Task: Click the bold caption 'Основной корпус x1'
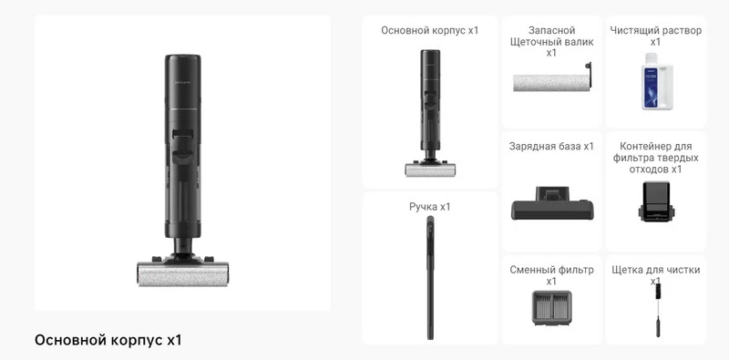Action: click(108, 340)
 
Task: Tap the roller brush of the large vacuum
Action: click(183, 274)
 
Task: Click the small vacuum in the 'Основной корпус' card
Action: click(430, 113)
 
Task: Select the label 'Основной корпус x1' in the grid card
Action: click(429, 31)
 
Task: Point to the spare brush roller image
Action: click(551, 79)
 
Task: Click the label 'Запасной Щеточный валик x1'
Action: click(552, 42)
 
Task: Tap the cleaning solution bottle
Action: click(657, 81)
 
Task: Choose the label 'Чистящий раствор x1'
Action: click(655, 36)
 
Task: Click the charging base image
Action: click(552, 203)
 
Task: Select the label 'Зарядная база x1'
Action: click(551, 147)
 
